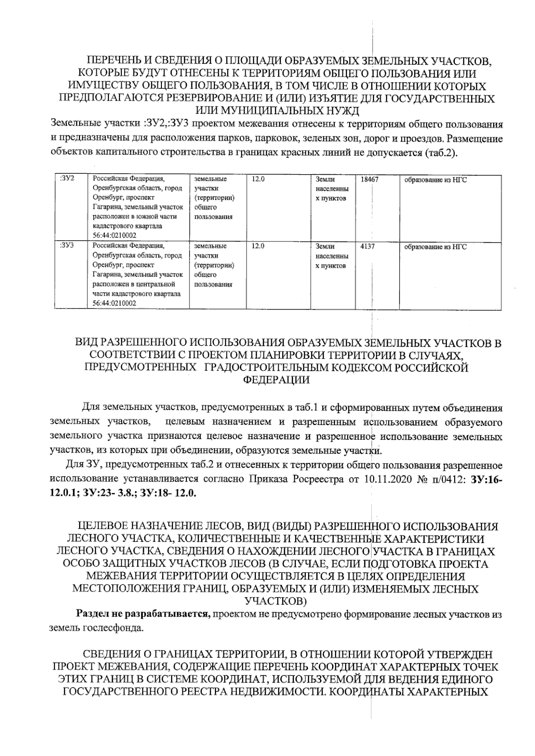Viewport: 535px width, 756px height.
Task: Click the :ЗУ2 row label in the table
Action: (66, 179)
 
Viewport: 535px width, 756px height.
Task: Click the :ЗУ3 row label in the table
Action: (66, 246)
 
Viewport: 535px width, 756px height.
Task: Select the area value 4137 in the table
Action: (367, 246)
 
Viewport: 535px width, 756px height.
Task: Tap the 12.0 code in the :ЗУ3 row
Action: (258, 246)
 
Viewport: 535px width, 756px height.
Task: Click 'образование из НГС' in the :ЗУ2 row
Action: (435, 180)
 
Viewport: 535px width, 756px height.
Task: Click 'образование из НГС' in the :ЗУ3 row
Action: (435, 247)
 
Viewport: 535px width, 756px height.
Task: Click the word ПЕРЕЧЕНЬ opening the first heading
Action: (115, 61)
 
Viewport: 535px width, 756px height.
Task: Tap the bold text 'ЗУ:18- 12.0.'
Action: (168, 494)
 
